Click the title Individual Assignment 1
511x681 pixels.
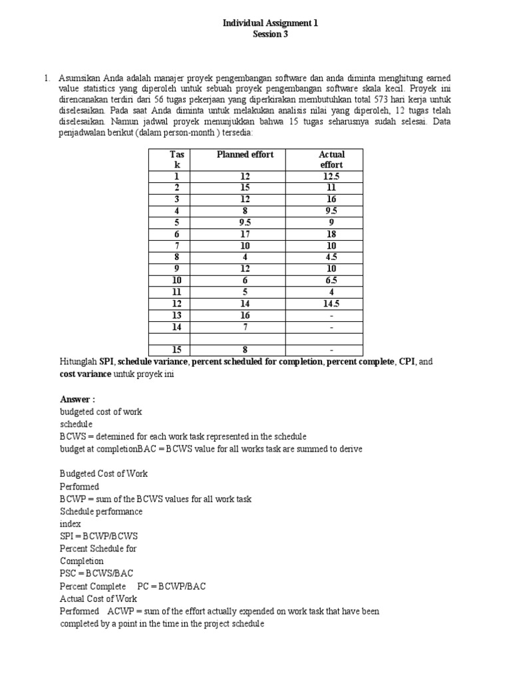(270, 23)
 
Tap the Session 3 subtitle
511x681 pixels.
(270, 35)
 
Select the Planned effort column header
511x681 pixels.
(245, 155)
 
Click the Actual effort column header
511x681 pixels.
(331, 160)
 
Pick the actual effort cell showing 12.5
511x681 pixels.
(331, 176)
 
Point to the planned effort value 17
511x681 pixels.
(245, 234)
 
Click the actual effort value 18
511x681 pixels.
(331, 234)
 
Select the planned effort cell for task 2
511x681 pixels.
(245, 188)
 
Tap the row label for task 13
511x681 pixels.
(176, 315)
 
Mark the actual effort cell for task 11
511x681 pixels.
(331, 292)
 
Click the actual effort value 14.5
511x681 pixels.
(331, 304)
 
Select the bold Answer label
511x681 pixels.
(78, 400)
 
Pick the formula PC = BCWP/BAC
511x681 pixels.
(172, 586)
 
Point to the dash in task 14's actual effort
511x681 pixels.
(331, 327)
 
